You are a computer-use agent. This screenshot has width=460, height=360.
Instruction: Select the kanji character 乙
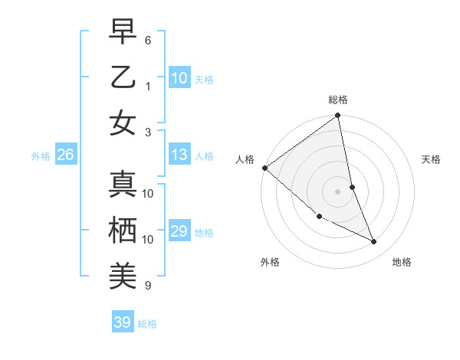click(x=123, y=77)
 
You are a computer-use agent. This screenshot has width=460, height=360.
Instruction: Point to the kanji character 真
click(x=123, y=185)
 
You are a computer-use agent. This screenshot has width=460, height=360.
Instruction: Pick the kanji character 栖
click(x=123, y=230)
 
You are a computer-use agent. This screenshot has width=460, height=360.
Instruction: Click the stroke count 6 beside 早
click(x=148, y=40)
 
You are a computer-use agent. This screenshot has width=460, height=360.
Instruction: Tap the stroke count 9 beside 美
click(x=148, y=286)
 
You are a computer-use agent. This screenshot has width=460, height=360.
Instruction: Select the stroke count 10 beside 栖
click(x=148, y=239)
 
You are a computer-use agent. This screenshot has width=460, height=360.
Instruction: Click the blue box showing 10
click(x=179, y=78)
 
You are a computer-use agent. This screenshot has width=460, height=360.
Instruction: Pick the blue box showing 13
click(x=179, y=155)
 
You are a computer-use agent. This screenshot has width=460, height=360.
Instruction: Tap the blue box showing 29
click(x=179, y=231)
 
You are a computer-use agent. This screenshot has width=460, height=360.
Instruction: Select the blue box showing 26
click(x=65, y=155)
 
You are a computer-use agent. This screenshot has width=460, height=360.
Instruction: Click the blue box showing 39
click(x=123, y=322)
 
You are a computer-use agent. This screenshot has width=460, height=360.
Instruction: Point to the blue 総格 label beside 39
click(x=147, y=324)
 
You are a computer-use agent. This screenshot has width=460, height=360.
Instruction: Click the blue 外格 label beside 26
click(x=41, y=156)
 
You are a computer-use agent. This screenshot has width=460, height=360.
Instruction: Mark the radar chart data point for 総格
click(x=338, y=116)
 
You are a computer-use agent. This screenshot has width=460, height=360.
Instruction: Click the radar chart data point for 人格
click(x=264, y=168)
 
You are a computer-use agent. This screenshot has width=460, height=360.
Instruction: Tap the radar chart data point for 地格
click(x=374, y=241)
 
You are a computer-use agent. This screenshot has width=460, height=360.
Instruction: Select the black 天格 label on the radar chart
click(x=431, y=159)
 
